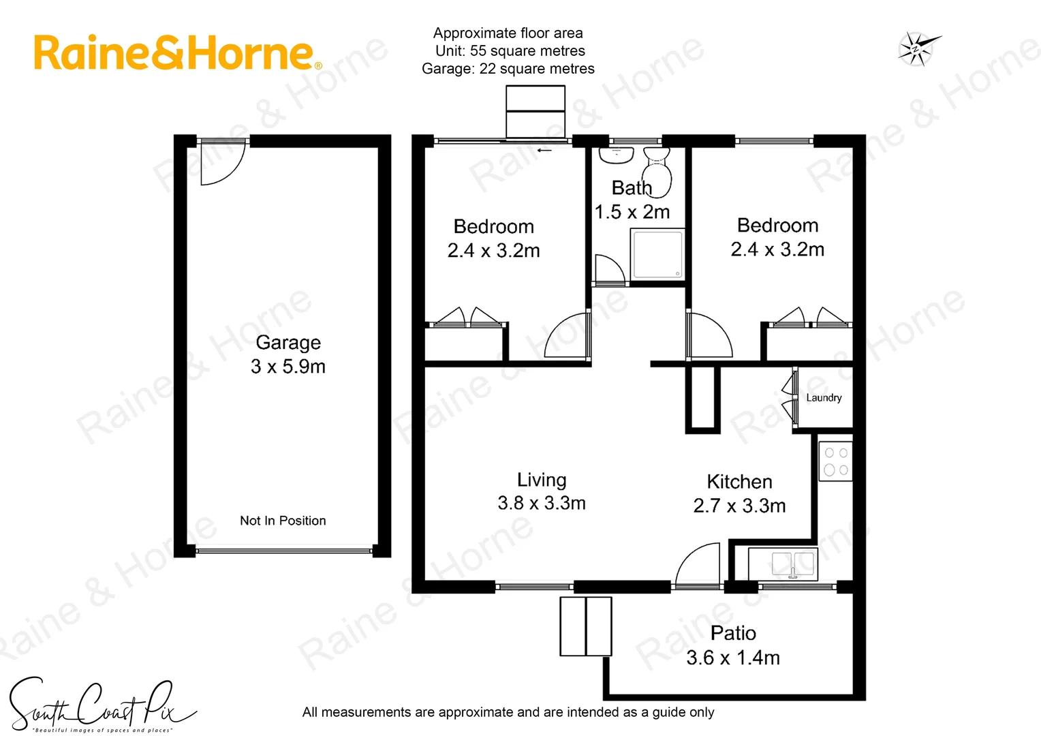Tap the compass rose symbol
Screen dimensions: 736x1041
tap(917, 49)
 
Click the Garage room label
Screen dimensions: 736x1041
tap(288, 342)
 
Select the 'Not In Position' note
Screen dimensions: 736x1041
tap(283, 521)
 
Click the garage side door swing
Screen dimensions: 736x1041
tap(220, 164)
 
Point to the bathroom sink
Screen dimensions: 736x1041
tap(616, 155)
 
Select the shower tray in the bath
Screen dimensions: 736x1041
tap(657, 255)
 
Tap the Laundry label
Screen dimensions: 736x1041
tap(824, 397)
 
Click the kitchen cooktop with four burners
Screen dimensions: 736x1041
tap(835, 461)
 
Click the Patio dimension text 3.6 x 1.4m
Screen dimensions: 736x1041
tap(733, 658)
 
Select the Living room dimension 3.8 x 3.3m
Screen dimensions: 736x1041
tap(542, 503)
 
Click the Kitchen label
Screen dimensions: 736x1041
tap(739, 482)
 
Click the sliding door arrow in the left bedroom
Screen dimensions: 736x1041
tap(544, 150)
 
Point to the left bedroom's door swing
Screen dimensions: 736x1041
tap(568, 336)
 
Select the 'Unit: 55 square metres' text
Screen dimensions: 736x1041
tap(510, 51)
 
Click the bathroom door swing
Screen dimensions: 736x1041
tap(608, 271)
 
